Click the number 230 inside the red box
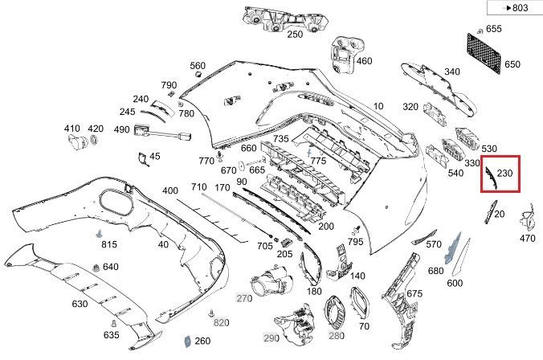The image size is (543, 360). point(505,173)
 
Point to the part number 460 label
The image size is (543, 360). point(364,61)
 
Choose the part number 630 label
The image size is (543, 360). point(80,304)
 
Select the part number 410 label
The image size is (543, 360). point(72,129)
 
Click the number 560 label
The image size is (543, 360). point(198,66)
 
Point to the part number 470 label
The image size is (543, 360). point(527,238)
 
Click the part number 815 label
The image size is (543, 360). point(108,244)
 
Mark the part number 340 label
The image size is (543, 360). point(452,72)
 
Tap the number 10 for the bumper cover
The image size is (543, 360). point(378,105)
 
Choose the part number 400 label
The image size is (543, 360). point(169,190)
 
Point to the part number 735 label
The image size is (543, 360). point(280,139)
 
